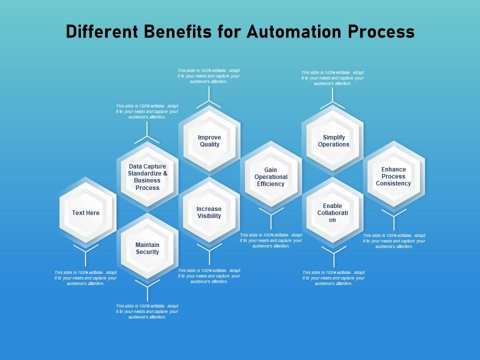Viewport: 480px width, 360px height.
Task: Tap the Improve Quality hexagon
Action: click(x=209, y=141)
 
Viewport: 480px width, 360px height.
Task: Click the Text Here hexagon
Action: click(x=86, y=213)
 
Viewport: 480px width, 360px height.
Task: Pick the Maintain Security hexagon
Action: click(x=147, y=248)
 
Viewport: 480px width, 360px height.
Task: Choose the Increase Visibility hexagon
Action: click(x=209, y=212)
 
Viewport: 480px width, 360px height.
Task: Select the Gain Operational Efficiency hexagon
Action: click(x=271, y=177)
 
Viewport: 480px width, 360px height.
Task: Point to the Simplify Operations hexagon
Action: click(x=333, y=141)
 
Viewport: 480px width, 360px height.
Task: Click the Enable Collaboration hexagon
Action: click(x=333, y=213)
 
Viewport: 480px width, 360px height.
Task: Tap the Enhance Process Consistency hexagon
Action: click(x=394, y=176)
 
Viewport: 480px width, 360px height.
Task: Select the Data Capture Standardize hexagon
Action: click(x=147, y=177)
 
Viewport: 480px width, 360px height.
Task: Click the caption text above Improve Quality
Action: click(x=208, y=76)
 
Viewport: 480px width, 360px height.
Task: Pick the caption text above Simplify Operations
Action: click(x=332, y=78)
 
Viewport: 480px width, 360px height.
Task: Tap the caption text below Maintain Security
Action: click(x=147, y=311)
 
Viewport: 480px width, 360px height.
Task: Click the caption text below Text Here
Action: click(x=85, y=278)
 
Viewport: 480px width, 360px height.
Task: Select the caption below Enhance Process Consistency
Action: click(x=394, y=241)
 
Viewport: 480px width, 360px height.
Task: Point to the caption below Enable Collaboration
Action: click(x=333, y=278)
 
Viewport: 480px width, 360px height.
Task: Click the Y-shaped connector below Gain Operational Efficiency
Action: click(x=271, y=217)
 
